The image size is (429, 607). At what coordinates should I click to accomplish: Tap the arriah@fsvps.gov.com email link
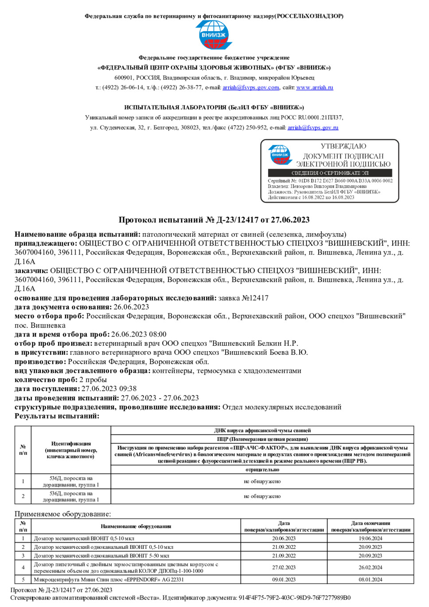coord(251,87)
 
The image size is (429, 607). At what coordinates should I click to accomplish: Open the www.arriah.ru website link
coord(315,87)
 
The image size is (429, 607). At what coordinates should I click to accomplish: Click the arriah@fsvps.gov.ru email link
coord(313,127)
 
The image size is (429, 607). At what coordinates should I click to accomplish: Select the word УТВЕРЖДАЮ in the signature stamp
coord(343,146)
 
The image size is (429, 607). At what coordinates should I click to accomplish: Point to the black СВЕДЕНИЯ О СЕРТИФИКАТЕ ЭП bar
coord(330,173)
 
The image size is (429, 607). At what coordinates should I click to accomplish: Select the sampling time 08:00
coord(157,334)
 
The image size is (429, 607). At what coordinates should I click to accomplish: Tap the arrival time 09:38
coord(128,388)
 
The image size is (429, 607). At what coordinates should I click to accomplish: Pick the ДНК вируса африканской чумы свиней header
coord(262,430)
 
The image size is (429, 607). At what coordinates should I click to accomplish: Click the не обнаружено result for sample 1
coord(262,481)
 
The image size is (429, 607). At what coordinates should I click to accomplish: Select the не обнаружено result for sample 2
coord(262,496)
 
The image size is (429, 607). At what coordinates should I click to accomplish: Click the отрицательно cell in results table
coord(262,470)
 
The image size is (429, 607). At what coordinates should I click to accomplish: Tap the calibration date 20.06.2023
coord(284,538)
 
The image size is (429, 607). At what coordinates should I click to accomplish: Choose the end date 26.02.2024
coord(370,568)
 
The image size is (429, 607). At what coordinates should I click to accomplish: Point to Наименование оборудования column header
coord(136,526)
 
